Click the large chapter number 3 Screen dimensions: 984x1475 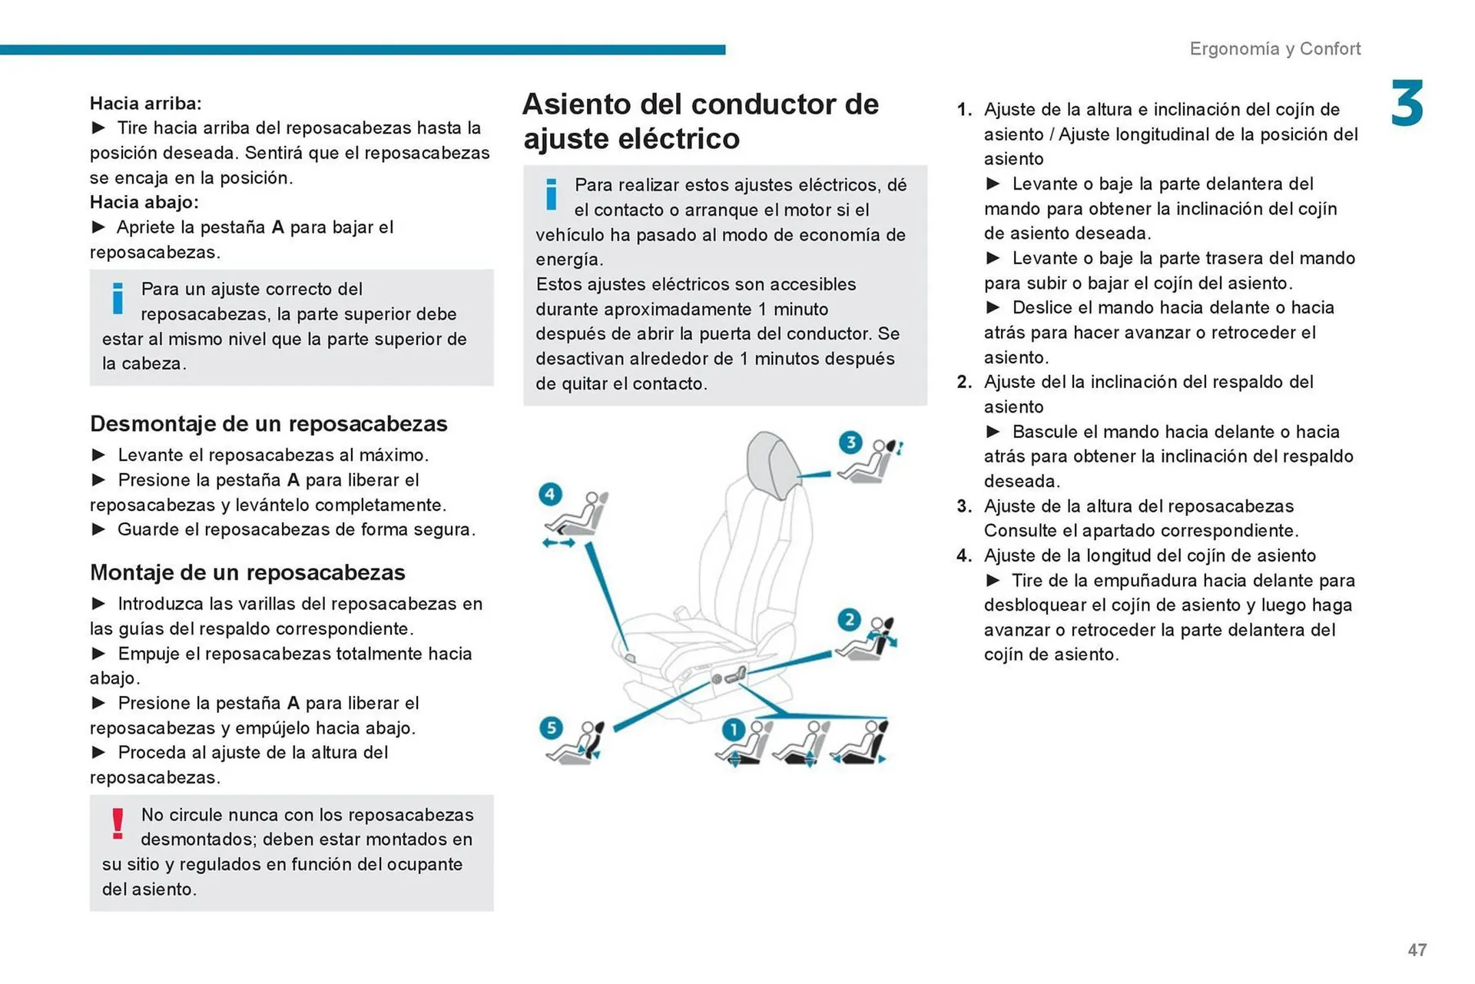pos(1407,104)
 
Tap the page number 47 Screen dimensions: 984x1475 pos(1417,950)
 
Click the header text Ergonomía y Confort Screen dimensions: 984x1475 pos(1274,49)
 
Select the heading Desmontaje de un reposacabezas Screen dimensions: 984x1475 pos(268,424)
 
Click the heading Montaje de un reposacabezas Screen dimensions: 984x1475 pos(247,573)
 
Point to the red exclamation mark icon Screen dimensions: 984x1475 pos(118,824)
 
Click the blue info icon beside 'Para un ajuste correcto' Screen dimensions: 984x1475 pos(118,299)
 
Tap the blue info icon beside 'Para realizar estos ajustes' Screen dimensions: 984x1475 pos(551,194)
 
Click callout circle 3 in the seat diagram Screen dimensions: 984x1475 pos(850,442)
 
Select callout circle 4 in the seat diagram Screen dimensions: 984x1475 pos(550,494)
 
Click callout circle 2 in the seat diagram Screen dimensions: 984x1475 pos(849,620)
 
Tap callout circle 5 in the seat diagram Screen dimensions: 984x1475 pos(551,728)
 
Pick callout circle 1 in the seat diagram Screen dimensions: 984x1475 pos(733,729)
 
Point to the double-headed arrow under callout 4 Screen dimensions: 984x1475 pos(559,543)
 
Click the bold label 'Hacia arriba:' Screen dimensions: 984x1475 pos(146,104)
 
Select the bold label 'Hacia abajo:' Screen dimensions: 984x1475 pos(144,203)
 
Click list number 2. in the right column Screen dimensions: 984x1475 pos(964,383)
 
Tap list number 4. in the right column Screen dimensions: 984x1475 pos(964,556)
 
